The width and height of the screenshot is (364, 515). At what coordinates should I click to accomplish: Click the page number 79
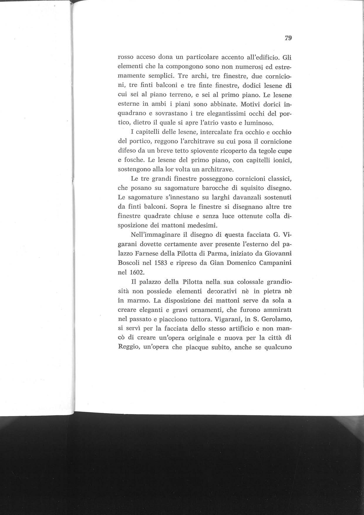pyautogui.click(x=288, y=38)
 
